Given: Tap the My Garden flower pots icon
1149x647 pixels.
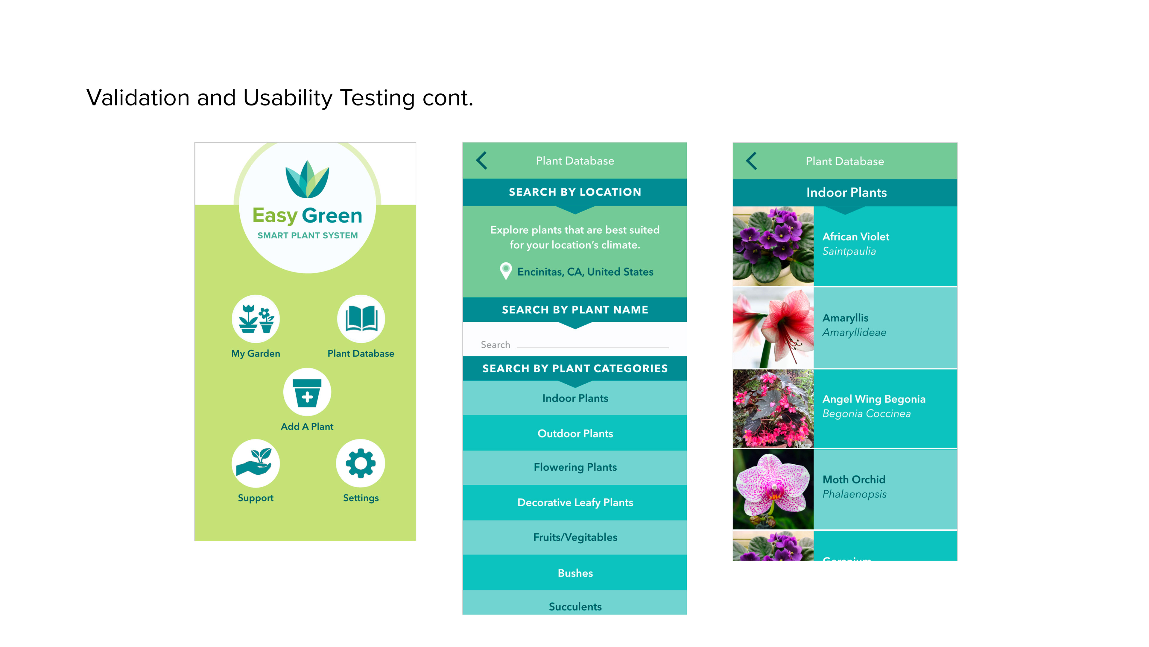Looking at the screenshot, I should [x=256, y=319].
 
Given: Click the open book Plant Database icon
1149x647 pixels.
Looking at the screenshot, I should [x=361, y=319].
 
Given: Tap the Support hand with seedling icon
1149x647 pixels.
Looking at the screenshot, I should [x=256, y=463].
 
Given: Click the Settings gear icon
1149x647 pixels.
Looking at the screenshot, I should [x=360, y=463].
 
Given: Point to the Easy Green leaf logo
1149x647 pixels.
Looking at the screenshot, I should [x=307, y=179].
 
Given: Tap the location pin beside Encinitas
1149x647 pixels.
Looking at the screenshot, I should [x=505, y=270].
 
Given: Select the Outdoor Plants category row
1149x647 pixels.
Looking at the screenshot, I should [x=574, y=433].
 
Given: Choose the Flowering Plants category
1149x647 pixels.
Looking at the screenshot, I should [x=574, y=467].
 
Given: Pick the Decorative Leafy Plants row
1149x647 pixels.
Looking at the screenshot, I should [x=574, y=502].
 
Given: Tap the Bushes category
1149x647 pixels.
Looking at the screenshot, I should [x=574, y=573].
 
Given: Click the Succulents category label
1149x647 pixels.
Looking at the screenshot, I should [x=575, y=606].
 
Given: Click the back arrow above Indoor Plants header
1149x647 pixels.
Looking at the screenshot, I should [x=752, y=161].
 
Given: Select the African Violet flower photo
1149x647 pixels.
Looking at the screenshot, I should [x=773, y=246].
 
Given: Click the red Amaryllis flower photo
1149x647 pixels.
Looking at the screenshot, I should [x=773, y=328].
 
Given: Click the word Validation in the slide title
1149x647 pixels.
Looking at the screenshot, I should [x=138, y=98].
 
